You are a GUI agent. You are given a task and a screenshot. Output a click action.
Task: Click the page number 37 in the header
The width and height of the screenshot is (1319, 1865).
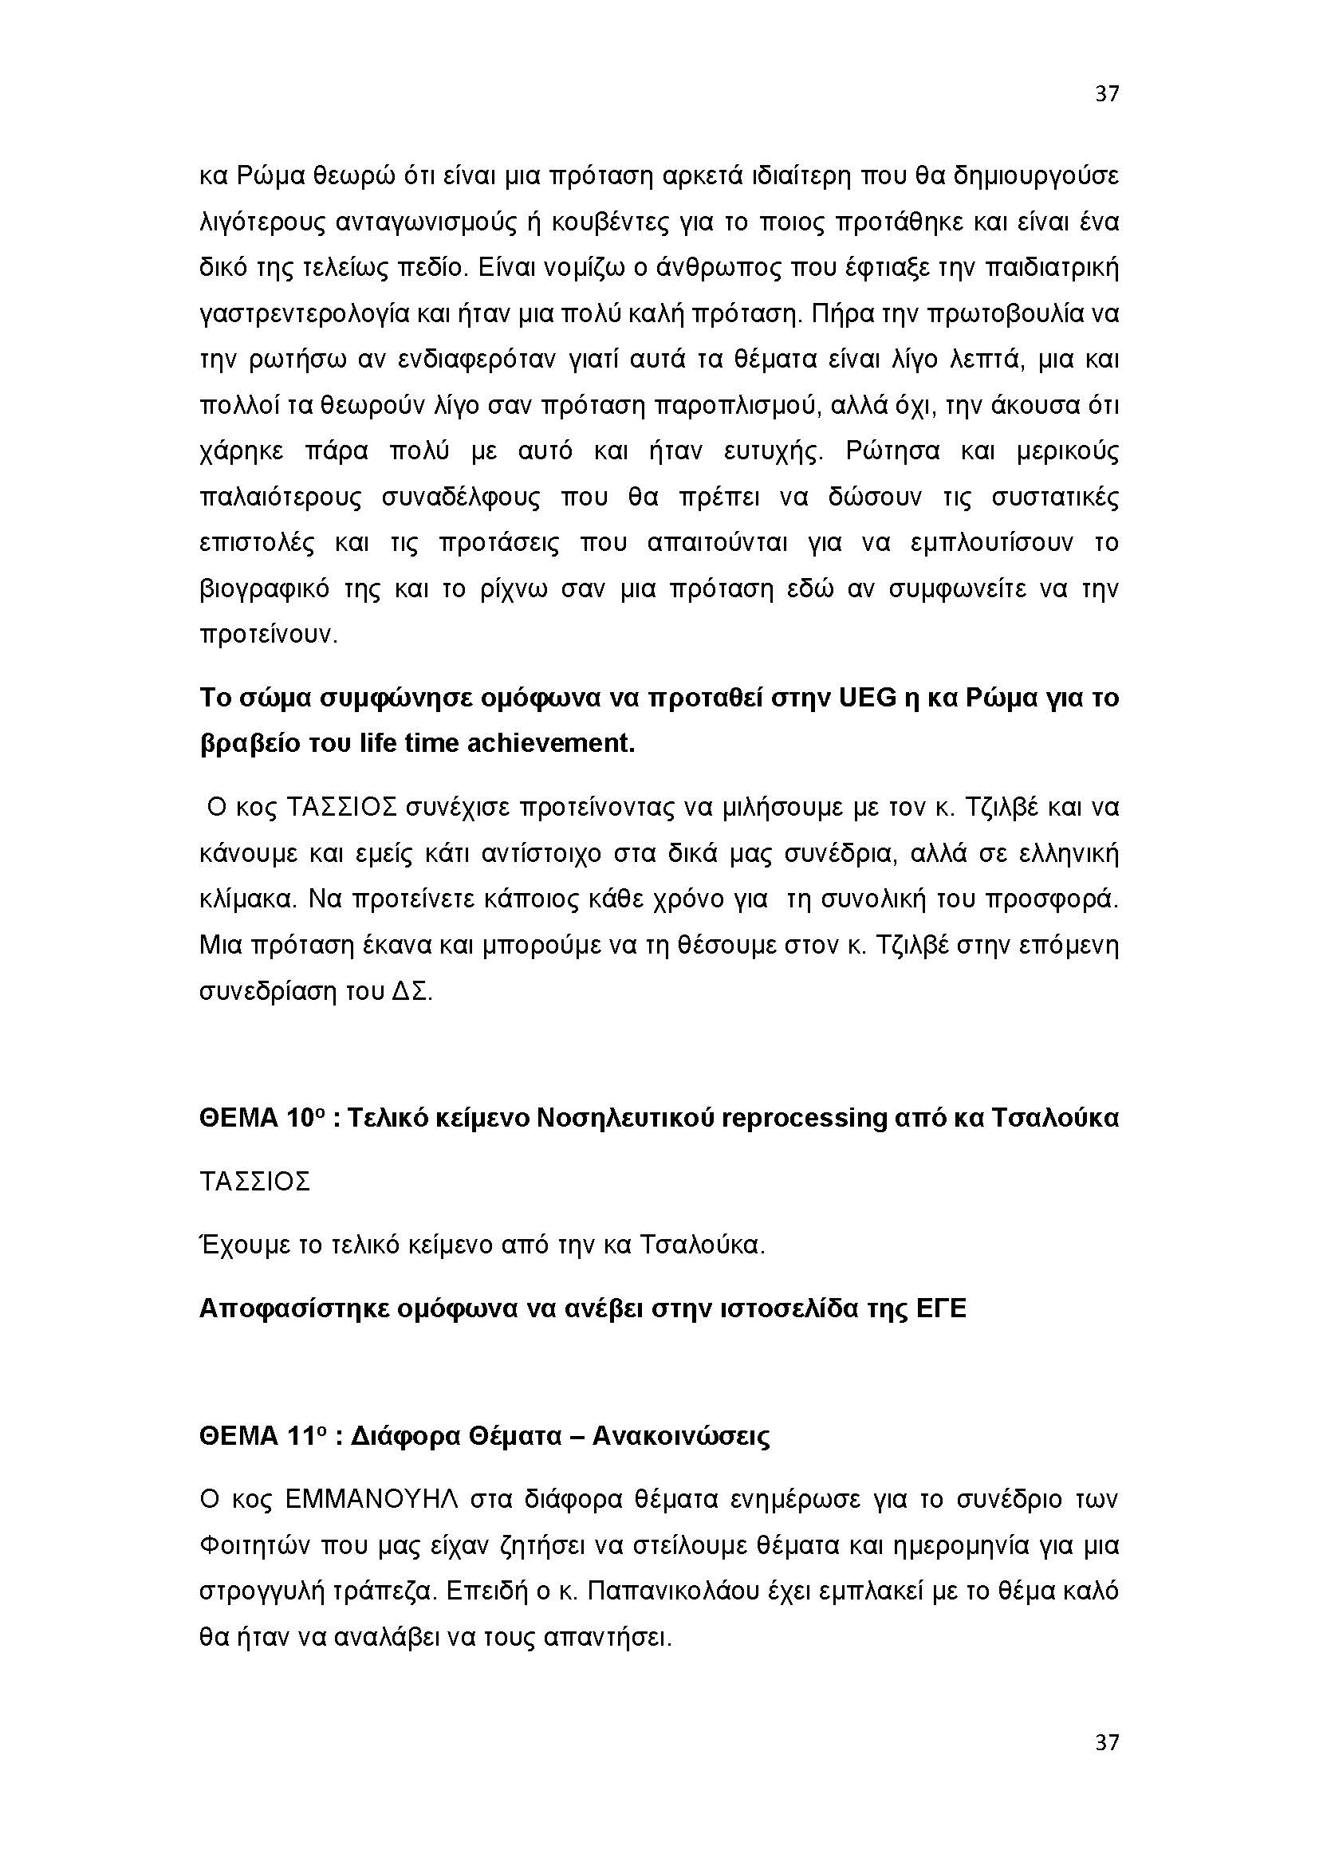point(1106,94)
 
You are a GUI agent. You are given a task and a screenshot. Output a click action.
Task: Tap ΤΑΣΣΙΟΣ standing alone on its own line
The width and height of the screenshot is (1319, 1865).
point(254,1182)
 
